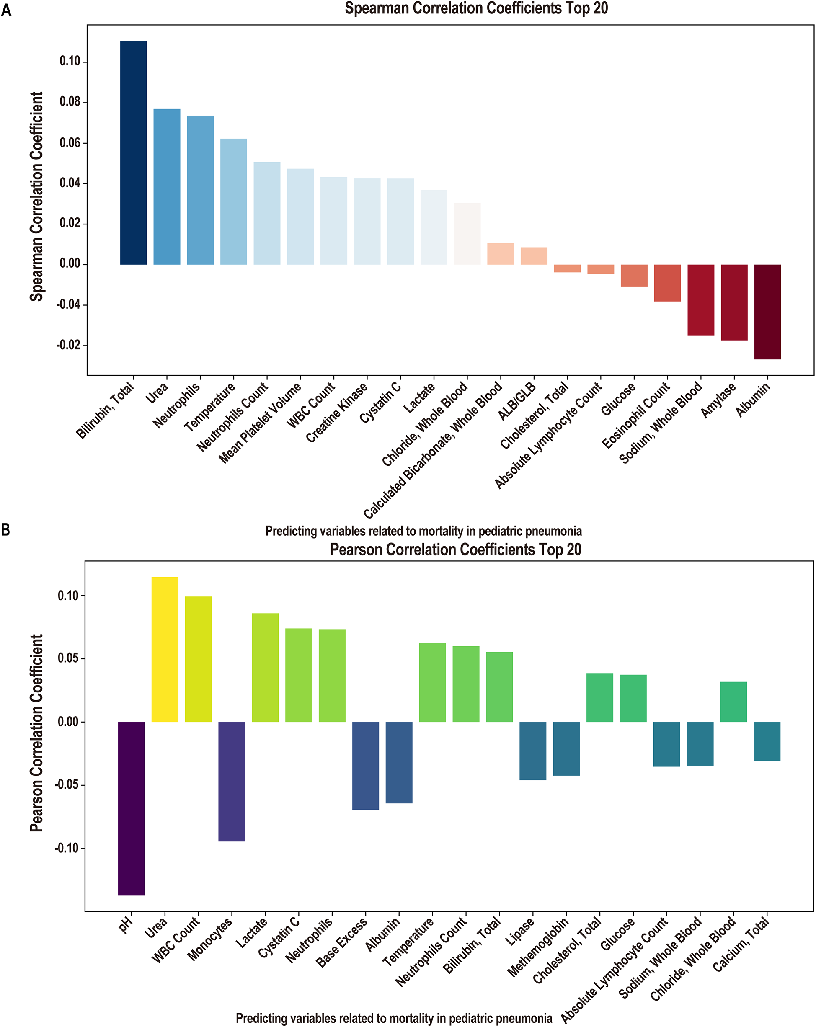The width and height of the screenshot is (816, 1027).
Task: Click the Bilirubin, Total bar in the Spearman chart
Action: click(133, 152)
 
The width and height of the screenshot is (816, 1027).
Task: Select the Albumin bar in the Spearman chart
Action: click(767, 312)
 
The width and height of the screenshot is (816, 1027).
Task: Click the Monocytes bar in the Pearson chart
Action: click(232, 781)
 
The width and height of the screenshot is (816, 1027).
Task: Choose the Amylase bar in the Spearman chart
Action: click(734, 302)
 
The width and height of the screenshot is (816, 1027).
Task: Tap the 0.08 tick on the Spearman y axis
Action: click(70, 102)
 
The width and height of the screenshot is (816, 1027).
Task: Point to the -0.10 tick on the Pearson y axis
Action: click(67, 849)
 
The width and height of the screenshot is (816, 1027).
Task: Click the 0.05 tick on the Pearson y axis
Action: click(68, 658)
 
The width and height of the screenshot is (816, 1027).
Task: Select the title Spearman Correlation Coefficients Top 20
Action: click(476, 8)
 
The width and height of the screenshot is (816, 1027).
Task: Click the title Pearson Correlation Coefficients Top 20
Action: click(455, 550)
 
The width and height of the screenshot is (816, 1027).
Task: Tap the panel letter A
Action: click(6, 10)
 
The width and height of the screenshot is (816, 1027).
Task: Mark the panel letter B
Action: click(6, 530)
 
